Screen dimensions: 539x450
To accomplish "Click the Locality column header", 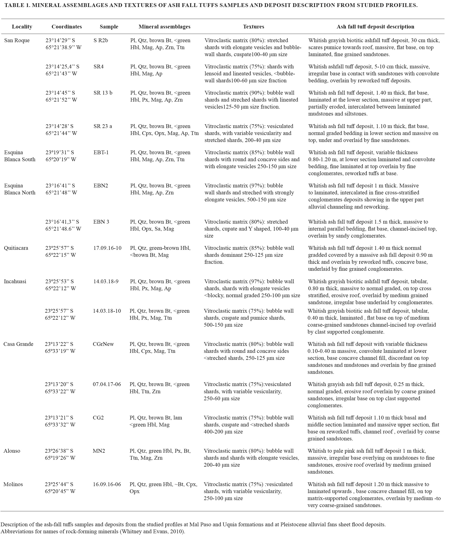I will (22, 27).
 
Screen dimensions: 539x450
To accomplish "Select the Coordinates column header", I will (67, 27).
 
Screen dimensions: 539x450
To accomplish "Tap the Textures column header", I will (253, 27).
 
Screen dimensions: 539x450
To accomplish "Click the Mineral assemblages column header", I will (164, 27).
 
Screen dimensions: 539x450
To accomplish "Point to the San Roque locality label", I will (17, 41).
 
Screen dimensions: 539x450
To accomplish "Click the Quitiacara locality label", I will (16, 248).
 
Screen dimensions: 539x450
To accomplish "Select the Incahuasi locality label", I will (15, 281).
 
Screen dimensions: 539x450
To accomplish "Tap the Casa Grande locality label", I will (18, 344).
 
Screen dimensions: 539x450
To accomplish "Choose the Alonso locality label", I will (12, 451).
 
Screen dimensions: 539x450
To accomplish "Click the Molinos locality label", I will (13, 484).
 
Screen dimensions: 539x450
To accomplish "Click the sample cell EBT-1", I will (101, 152).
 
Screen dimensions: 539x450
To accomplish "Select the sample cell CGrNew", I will (103, 344).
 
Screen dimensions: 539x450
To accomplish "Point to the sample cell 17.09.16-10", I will (107, 248).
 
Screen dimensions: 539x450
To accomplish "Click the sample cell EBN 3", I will (101, 222).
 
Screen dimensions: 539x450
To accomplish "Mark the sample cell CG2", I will (98, 417).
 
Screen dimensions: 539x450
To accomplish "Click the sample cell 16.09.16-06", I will (107, 484).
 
